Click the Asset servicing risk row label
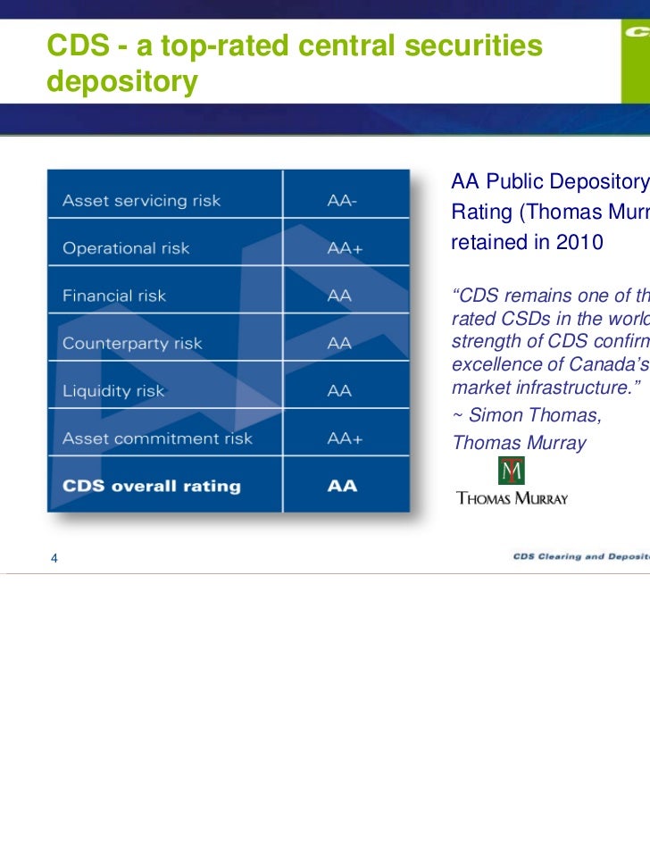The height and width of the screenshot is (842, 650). pos(141,201)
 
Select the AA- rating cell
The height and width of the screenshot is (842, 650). pos(342,201)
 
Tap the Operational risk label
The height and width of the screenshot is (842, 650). pos(126,248)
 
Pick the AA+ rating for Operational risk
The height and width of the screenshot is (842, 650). pos(345,248)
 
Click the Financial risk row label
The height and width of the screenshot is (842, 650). pos(114,296)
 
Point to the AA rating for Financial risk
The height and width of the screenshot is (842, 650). pos(339,296)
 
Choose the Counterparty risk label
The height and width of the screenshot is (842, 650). pos(132,343)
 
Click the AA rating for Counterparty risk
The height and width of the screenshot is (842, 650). pos(339,343)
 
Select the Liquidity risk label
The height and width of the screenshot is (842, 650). pos(112,390)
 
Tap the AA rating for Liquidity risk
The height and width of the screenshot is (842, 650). pos(339,390)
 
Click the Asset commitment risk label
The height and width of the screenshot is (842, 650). pos(157,438)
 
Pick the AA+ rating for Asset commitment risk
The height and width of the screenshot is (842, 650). pos(345,438)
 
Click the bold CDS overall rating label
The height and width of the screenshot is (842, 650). pos(151,487)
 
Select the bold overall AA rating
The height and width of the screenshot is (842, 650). pos(342,487)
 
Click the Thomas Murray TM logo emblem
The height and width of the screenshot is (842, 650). pos(512,471)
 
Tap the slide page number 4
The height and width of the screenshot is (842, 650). pos(54,559)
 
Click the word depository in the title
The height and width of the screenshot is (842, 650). pos(121,82)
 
